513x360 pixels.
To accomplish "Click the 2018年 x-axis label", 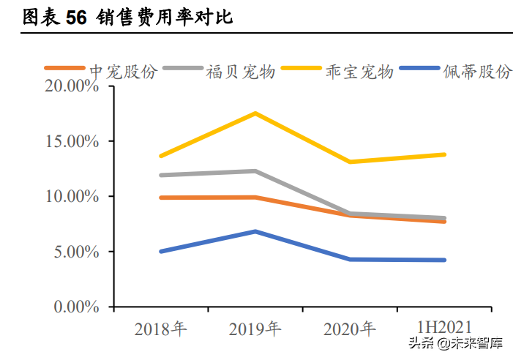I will tap(160, 329).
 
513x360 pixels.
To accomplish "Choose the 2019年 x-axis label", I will tap(255, 329).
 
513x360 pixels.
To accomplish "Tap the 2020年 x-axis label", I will tap(350, 329).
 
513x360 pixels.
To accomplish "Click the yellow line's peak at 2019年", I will tap(255, 113).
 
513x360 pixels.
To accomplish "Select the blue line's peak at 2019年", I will tap(255, 231).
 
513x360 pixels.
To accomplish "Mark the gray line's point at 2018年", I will tap(160, 175).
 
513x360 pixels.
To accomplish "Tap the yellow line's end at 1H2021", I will tap(444, 154).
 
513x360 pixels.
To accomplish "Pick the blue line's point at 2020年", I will tap(350, 259).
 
